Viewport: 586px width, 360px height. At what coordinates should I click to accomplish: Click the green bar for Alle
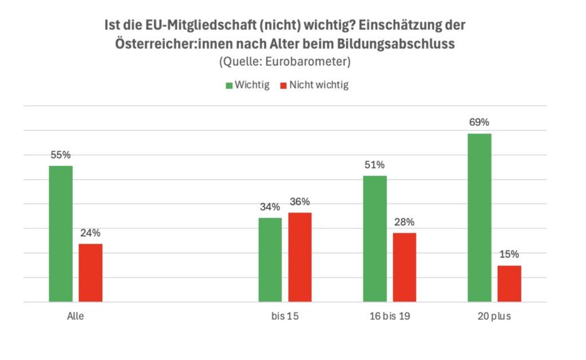[61, 234]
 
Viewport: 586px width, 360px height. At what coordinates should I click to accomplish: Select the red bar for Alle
[90, 272]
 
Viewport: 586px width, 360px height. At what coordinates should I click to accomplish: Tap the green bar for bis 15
[270, 259]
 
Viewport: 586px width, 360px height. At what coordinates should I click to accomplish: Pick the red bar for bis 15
[300, 257]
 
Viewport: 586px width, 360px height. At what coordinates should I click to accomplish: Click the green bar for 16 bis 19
[375, 238]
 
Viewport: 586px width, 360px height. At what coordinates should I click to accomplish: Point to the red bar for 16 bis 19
[405, 267]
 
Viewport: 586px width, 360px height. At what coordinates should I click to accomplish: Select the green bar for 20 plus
[480, 217]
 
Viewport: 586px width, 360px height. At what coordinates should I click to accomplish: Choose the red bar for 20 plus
[509, 283]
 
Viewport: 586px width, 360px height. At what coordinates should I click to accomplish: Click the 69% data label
[480, 122]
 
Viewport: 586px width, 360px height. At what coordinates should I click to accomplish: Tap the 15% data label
[509, 255]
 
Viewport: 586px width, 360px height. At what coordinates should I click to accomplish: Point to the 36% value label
[300, 201]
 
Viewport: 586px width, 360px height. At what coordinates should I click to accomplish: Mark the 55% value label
[61, 155]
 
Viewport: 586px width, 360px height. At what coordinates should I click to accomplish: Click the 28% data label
[405, 222]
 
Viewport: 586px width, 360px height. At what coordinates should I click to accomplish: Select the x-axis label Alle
[76, 316]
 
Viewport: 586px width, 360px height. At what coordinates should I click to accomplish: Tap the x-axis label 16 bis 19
[390, 316]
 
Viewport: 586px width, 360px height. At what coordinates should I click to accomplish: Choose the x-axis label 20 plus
[494, 316]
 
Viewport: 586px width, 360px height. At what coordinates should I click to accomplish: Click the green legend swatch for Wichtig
[229, 85]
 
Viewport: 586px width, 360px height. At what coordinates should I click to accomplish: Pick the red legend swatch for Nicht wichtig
[283, 85]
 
